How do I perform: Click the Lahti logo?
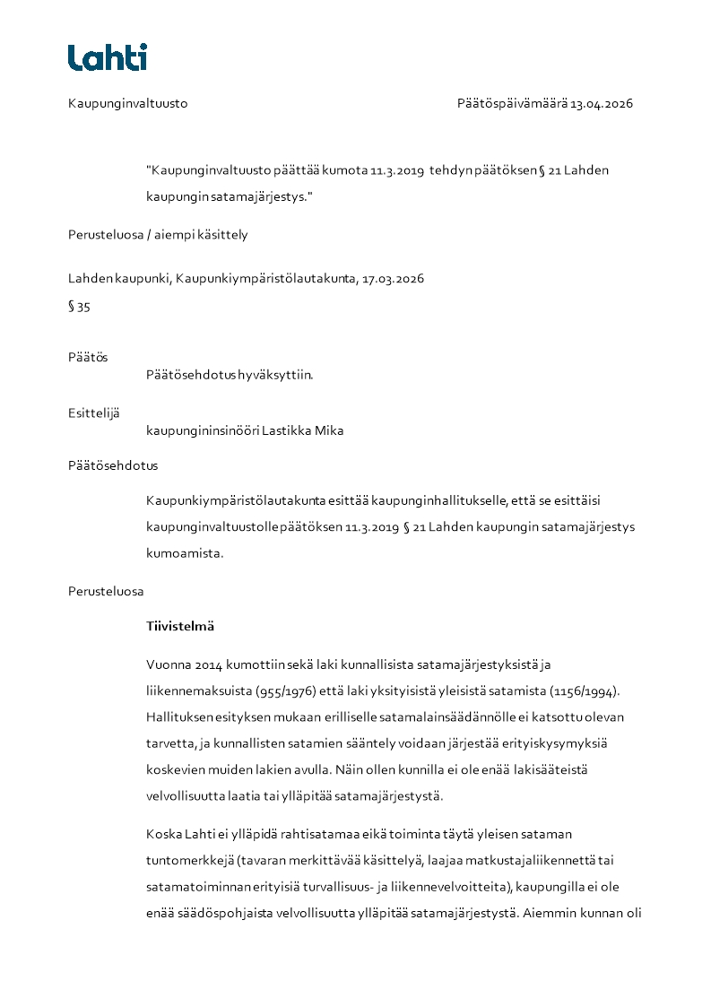[108, 57]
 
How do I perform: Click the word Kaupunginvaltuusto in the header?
[127, 104]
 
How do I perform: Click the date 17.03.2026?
[393, 279]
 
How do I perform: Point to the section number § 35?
[79, 307]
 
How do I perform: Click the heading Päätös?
[87, 358]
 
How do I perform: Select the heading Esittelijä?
[93, 413]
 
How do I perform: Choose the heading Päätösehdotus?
[113, 466]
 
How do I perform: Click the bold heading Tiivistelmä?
[180, 626]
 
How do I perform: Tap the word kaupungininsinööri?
[202, 430]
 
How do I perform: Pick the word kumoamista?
[185, 553]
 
